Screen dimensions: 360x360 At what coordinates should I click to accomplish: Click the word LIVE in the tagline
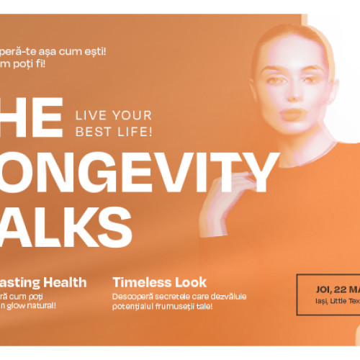click(x=92, y=116)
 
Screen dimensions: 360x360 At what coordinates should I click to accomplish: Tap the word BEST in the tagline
click(x=93, y=132)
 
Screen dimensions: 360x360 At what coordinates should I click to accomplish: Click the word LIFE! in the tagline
click(x=133, y=132)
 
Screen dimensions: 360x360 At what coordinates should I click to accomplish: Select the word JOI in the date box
click(x=323, y=289)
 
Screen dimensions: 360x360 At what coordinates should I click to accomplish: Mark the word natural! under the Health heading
click(x=42, y=306)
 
